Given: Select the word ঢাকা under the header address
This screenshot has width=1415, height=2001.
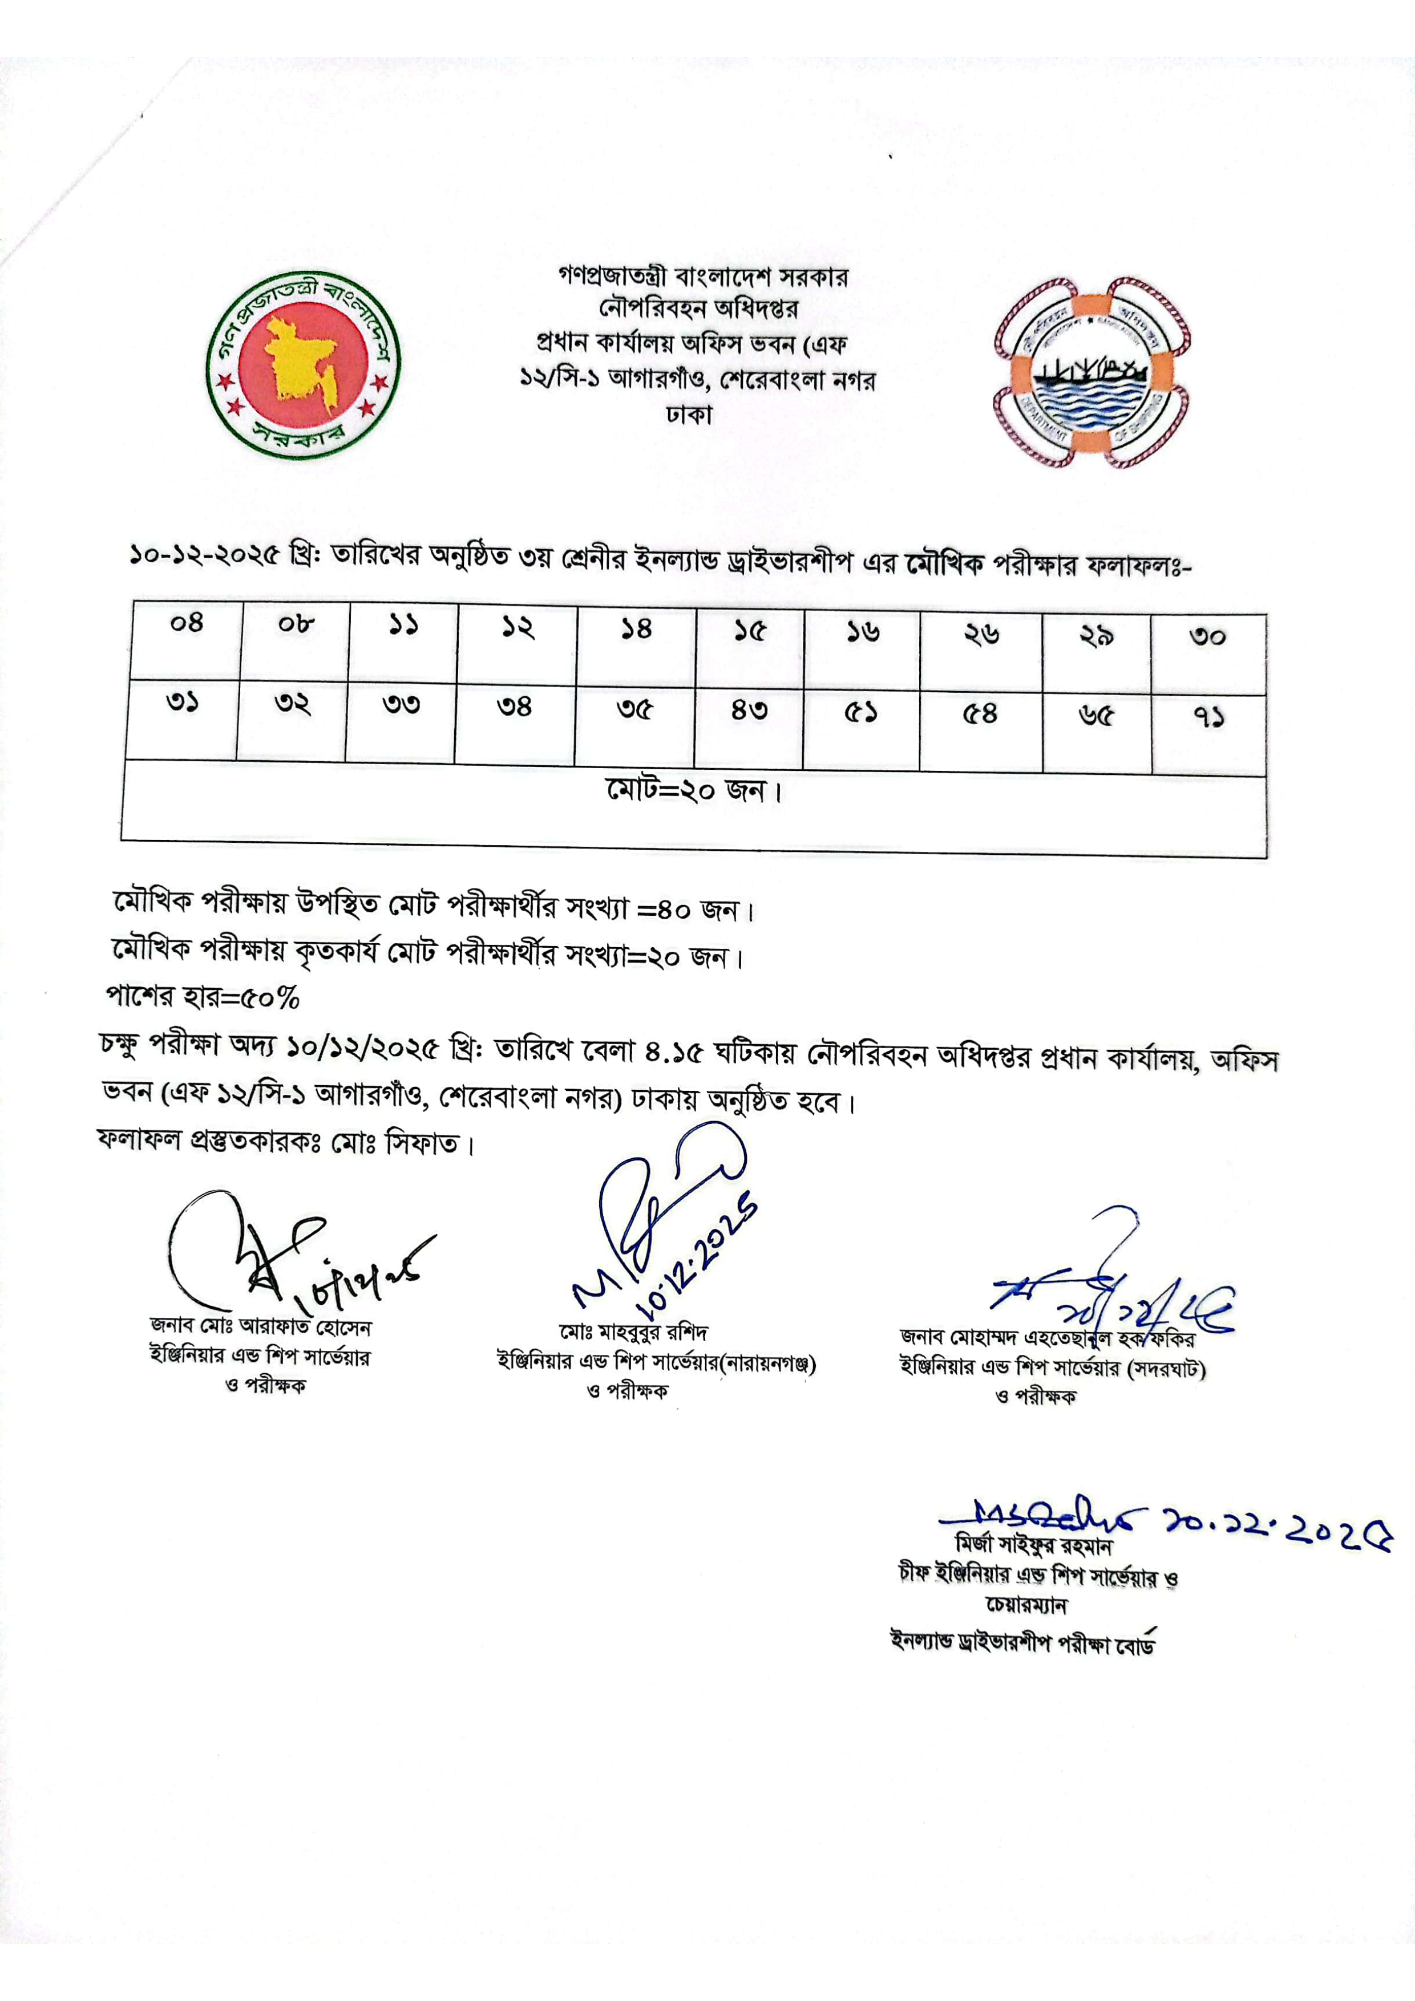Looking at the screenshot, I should click(x=689, y=414).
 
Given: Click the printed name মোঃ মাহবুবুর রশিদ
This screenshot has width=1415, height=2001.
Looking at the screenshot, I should click(x=634, y=1333).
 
